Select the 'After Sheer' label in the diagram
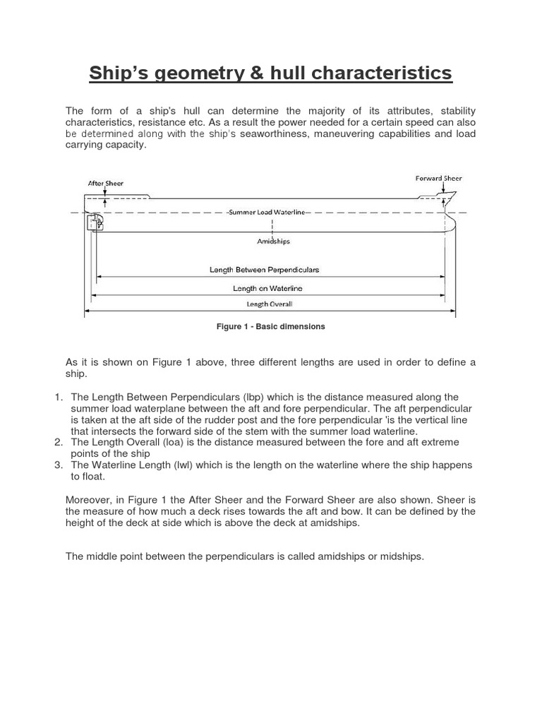point(105,183)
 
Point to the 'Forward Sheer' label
point(438,179)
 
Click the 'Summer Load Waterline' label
point(267,213)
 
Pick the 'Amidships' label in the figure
point(272,241)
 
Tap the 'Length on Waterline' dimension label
point(267,288)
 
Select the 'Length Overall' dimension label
point(269,304)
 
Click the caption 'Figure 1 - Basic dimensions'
point(271,327)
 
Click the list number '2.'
point(59,442)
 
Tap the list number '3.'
point(59,465)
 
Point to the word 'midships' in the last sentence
point(402,556)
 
